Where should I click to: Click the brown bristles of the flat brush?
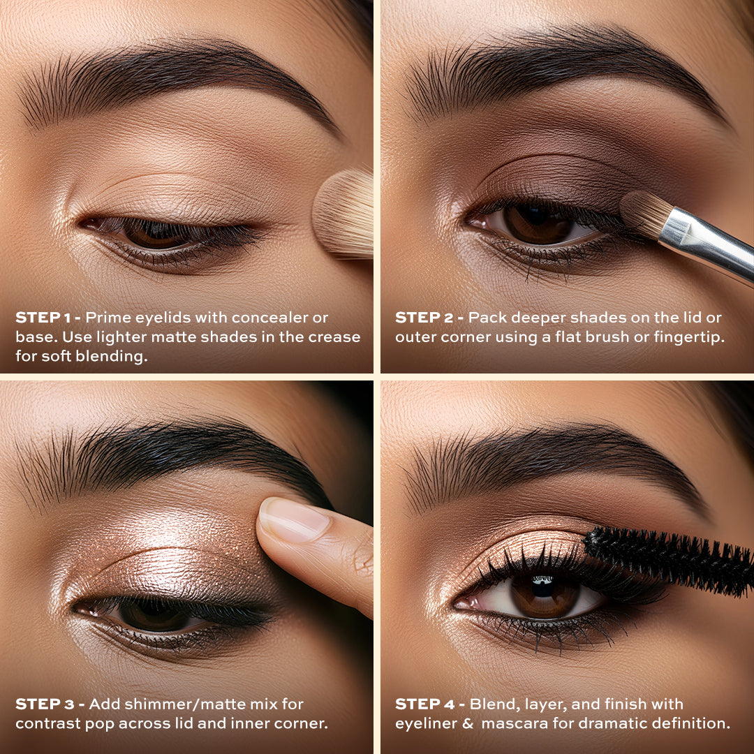click(644, 214)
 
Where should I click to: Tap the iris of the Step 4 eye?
click(545, 596)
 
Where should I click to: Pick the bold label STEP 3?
click(45, 704)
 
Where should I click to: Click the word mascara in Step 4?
click(515, 724)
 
